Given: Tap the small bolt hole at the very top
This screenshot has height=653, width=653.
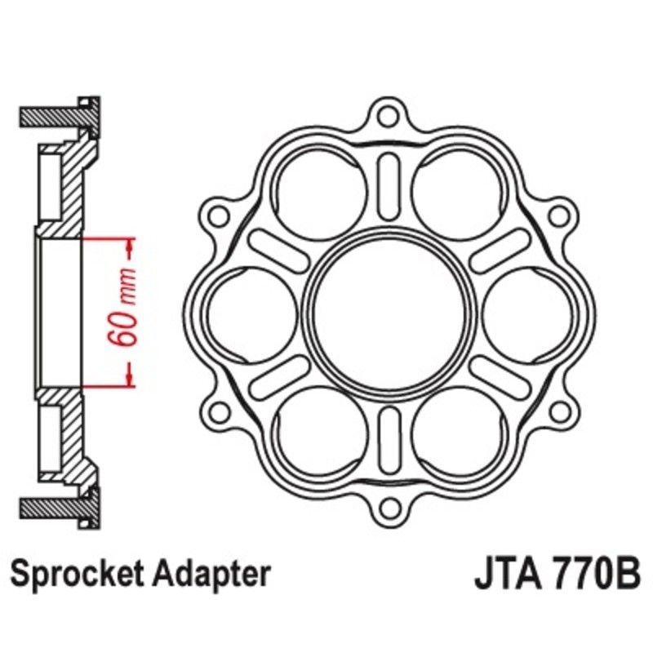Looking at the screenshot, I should [389, 114].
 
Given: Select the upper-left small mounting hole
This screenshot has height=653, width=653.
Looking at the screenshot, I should [218, 215].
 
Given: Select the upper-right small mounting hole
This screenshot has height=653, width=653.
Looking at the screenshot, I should [558, 215].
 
